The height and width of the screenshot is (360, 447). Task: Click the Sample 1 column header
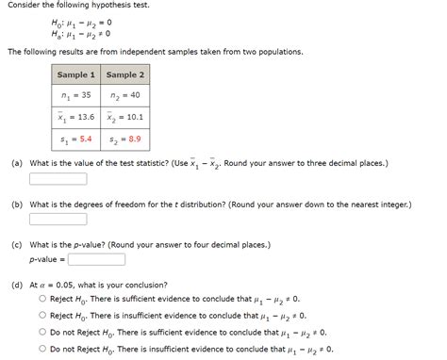[x=76, y=74]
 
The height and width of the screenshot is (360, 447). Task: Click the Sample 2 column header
[x=125, y=74]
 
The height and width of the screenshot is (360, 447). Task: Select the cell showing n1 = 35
[x=76, y=95]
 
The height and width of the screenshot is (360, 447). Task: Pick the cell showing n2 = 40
[x=125, y=95]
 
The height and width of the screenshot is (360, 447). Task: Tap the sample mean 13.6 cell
[x=76, y=117]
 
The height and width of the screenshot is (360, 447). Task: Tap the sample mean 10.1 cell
[x=125, y=117]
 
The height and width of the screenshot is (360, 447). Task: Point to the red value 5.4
[x=85, y=139]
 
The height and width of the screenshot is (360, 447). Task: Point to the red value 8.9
[x=134, y=139]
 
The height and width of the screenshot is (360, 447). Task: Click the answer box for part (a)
[x=58, y=178]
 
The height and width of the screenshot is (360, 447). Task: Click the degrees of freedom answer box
[x=58, y=219]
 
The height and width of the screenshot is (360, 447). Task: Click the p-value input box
[x=96, y=257]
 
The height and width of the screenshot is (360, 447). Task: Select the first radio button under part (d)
[x=42, y=299]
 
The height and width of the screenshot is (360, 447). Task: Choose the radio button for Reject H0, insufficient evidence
[x=42, y=316]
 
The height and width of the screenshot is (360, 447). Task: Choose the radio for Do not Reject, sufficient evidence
[x=42, y=332]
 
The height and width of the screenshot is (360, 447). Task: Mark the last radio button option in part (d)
[x=42, y=349]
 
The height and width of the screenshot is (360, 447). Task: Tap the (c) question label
[x=17, y=243]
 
